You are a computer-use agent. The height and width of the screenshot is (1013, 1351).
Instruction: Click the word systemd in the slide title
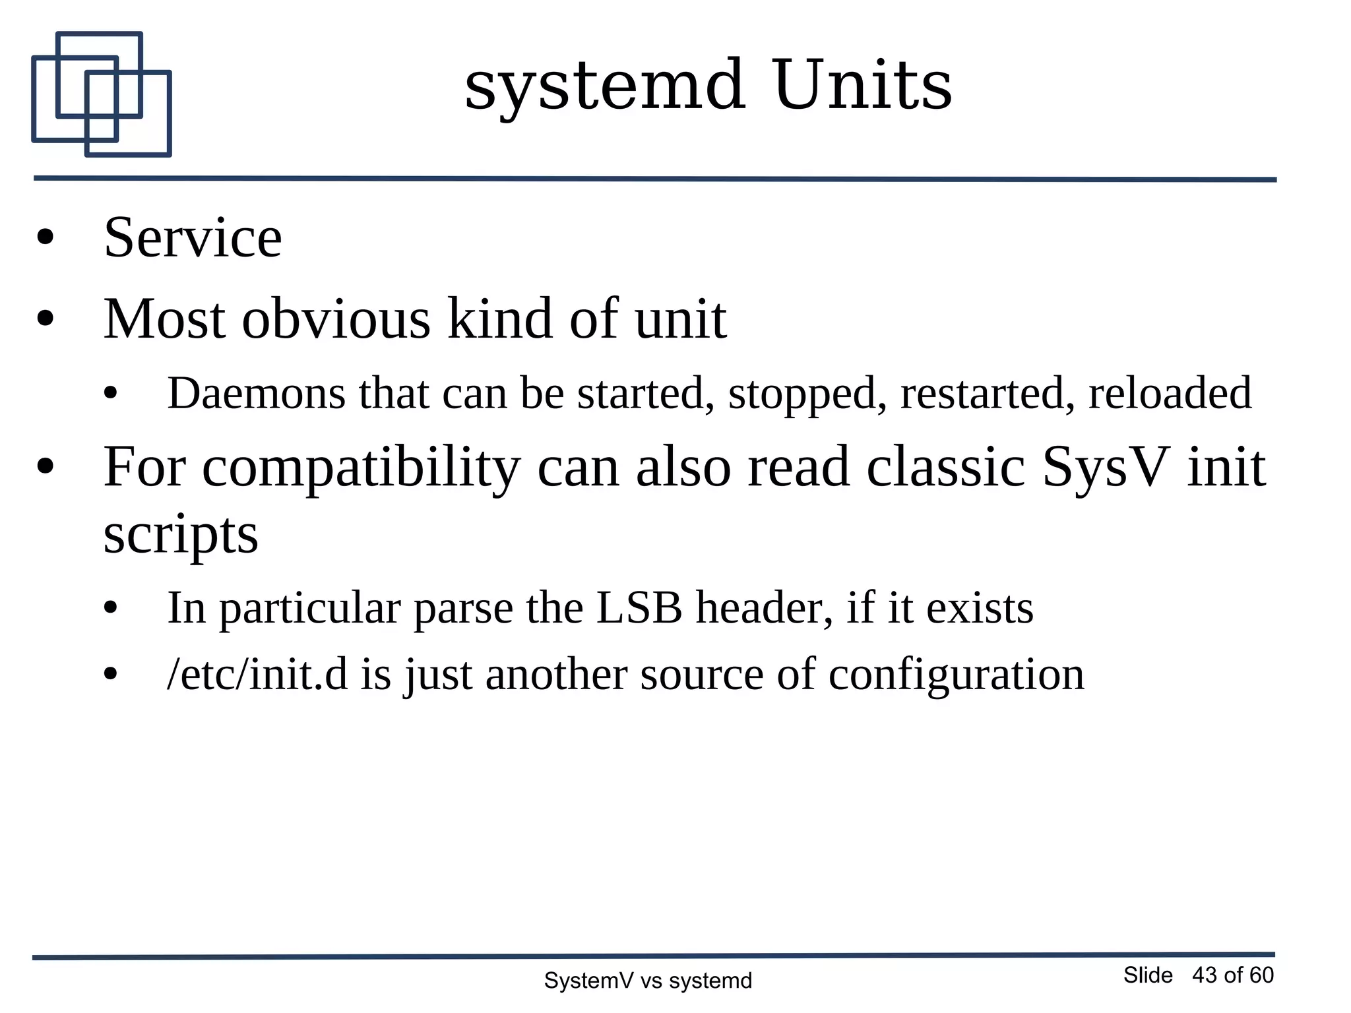(x=605, y=86)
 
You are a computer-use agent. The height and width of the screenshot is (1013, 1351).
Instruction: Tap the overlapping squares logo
(x=101, y=94)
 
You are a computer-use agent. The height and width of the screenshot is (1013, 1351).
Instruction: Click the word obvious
(x=336, y=319)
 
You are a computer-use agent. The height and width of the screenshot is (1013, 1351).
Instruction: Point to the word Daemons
(x=256, y=393)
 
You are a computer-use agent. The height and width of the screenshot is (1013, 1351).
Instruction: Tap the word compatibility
(x=361, y=468)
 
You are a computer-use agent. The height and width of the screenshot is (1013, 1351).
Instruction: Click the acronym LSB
(x=639, y=607)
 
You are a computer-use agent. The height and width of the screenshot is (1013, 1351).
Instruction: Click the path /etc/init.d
(x=257, y=675)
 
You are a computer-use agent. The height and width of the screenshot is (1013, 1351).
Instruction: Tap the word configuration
(x=956, y=676)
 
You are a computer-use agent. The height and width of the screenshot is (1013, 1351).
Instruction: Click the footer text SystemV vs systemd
(x=647, y=981)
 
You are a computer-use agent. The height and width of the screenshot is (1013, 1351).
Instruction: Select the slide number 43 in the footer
(x=1204, y=975)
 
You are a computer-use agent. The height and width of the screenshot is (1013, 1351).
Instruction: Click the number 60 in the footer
(x=1261, y=975)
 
